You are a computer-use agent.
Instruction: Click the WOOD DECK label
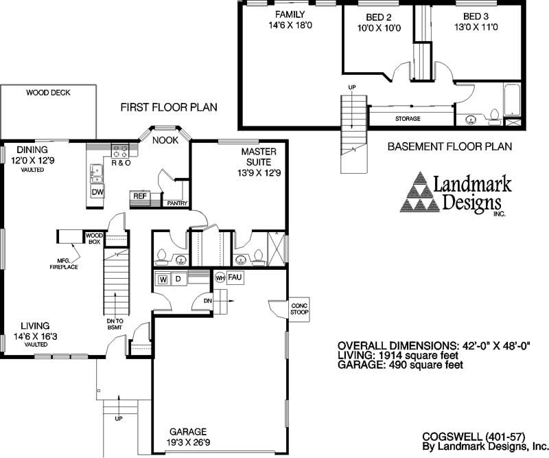coord(49,93)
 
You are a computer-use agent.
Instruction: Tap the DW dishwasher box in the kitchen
coord(98,192)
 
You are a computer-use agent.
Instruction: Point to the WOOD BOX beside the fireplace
coord(93,238)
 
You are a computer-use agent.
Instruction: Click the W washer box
coord(163,279)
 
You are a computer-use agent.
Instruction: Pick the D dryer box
coord(177,279)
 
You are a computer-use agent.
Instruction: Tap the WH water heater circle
coord(220,278)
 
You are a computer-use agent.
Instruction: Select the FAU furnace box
coord(233,277)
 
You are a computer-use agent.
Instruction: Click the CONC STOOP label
coord(300,309)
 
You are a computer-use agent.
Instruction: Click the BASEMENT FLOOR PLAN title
coord(449,147)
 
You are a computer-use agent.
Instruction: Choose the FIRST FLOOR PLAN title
coord(169,107)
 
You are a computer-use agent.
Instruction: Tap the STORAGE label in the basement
coord(408,119)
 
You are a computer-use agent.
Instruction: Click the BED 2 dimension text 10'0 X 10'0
coord(375,28)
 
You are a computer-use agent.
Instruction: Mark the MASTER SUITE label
coord(258,157)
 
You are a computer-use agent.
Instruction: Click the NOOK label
coord(165,140)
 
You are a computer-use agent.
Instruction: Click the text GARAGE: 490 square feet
coord(401,365)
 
